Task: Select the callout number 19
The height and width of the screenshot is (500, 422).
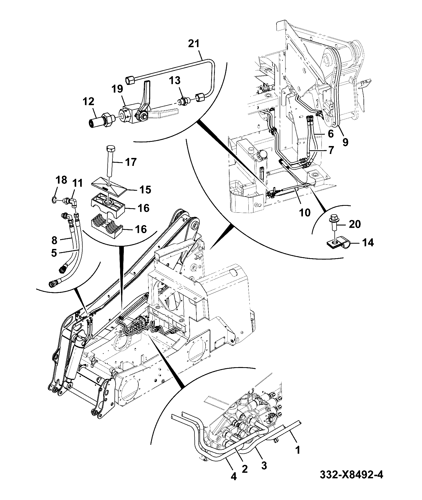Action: pyautogui.click(x=117, y=89)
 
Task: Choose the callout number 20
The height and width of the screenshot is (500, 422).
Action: pyautogui.click(x=355, y=224)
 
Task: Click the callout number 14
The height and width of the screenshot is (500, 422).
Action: pyautogui.click(x=367, y=243)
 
